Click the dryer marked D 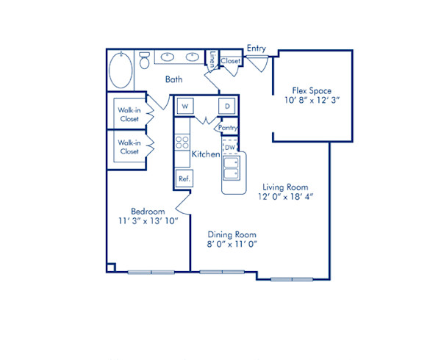(x=228, y=107)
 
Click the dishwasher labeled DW (x=229, y=148)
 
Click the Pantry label (x=229, y=128)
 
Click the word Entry (x=257, y=48)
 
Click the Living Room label (x=283, y=187)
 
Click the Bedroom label (x=147, y=211)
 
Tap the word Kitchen (x=206, y=155)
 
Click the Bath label (x=173, y=79)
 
